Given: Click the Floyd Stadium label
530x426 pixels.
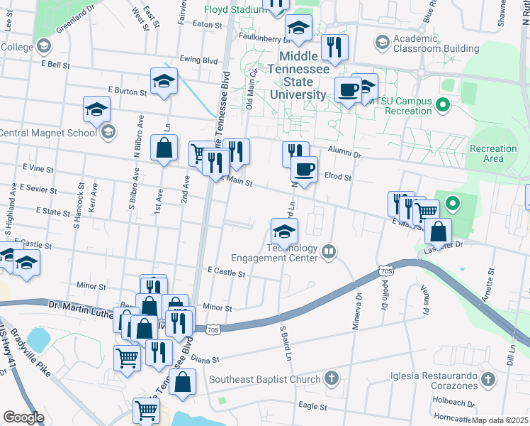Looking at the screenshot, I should pyautogui.click(x=234, y=10).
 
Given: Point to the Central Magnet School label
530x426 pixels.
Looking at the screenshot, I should pyautogui.click(x=47, y=133).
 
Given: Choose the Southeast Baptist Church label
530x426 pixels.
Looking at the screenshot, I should pyautogui.click(x=264, y=379).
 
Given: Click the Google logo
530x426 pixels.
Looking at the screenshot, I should pyautogui.click(x=23, y=417).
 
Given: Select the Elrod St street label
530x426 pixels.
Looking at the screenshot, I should pyautogui.click(x=337, y=176).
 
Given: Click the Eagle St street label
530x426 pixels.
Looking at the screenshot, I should pyautogui.click(x=312, y=407).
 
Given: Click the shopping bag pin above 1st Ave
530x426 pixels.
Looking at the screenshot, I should pyautogui.click(x=164, y=148).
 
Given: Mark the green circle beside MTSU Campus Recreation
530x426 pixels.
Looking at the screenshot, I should pyautogui.click(x=444, y=106).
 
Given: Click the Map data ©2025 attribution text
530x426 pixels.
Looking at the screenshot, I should pyautogui.click(x=498, y=420).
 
